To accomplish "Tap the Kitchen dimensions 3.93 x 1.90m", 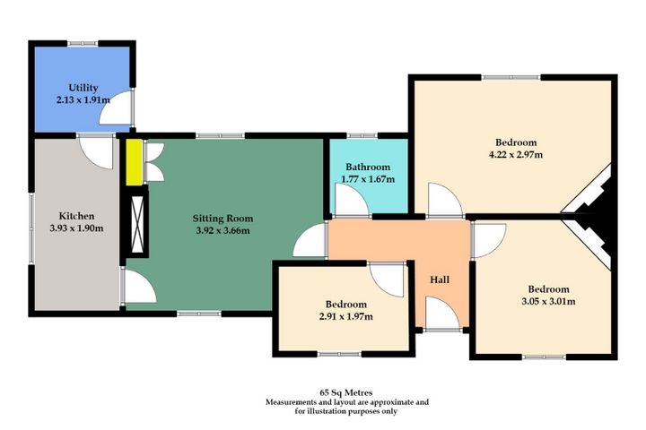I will click(75, 228).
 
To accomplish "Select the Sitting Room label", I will click(223, 218).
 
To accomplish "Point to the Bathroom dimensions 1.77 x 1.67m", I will click(368, 179).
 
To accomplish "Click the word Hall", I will click(440, 279).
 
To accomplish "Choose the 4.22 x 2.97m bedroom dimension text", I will click(515, 155).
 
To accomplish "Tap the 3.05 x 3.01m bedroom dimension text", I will click(547, 301).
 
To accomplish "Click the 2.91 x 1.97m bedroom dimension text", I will click(345, 316).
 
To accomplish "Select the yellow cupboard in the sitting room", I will click(134, 162).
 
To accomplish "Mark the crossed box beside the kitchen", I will click(137, 224).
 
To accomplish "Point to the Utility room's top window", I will click(83, 41).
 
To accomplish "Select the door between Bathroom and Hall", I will click(351, 205).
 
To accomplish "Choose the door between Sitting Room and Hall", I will click(311, 241).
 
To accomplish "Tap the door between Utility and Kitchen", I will click(94, 148).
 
